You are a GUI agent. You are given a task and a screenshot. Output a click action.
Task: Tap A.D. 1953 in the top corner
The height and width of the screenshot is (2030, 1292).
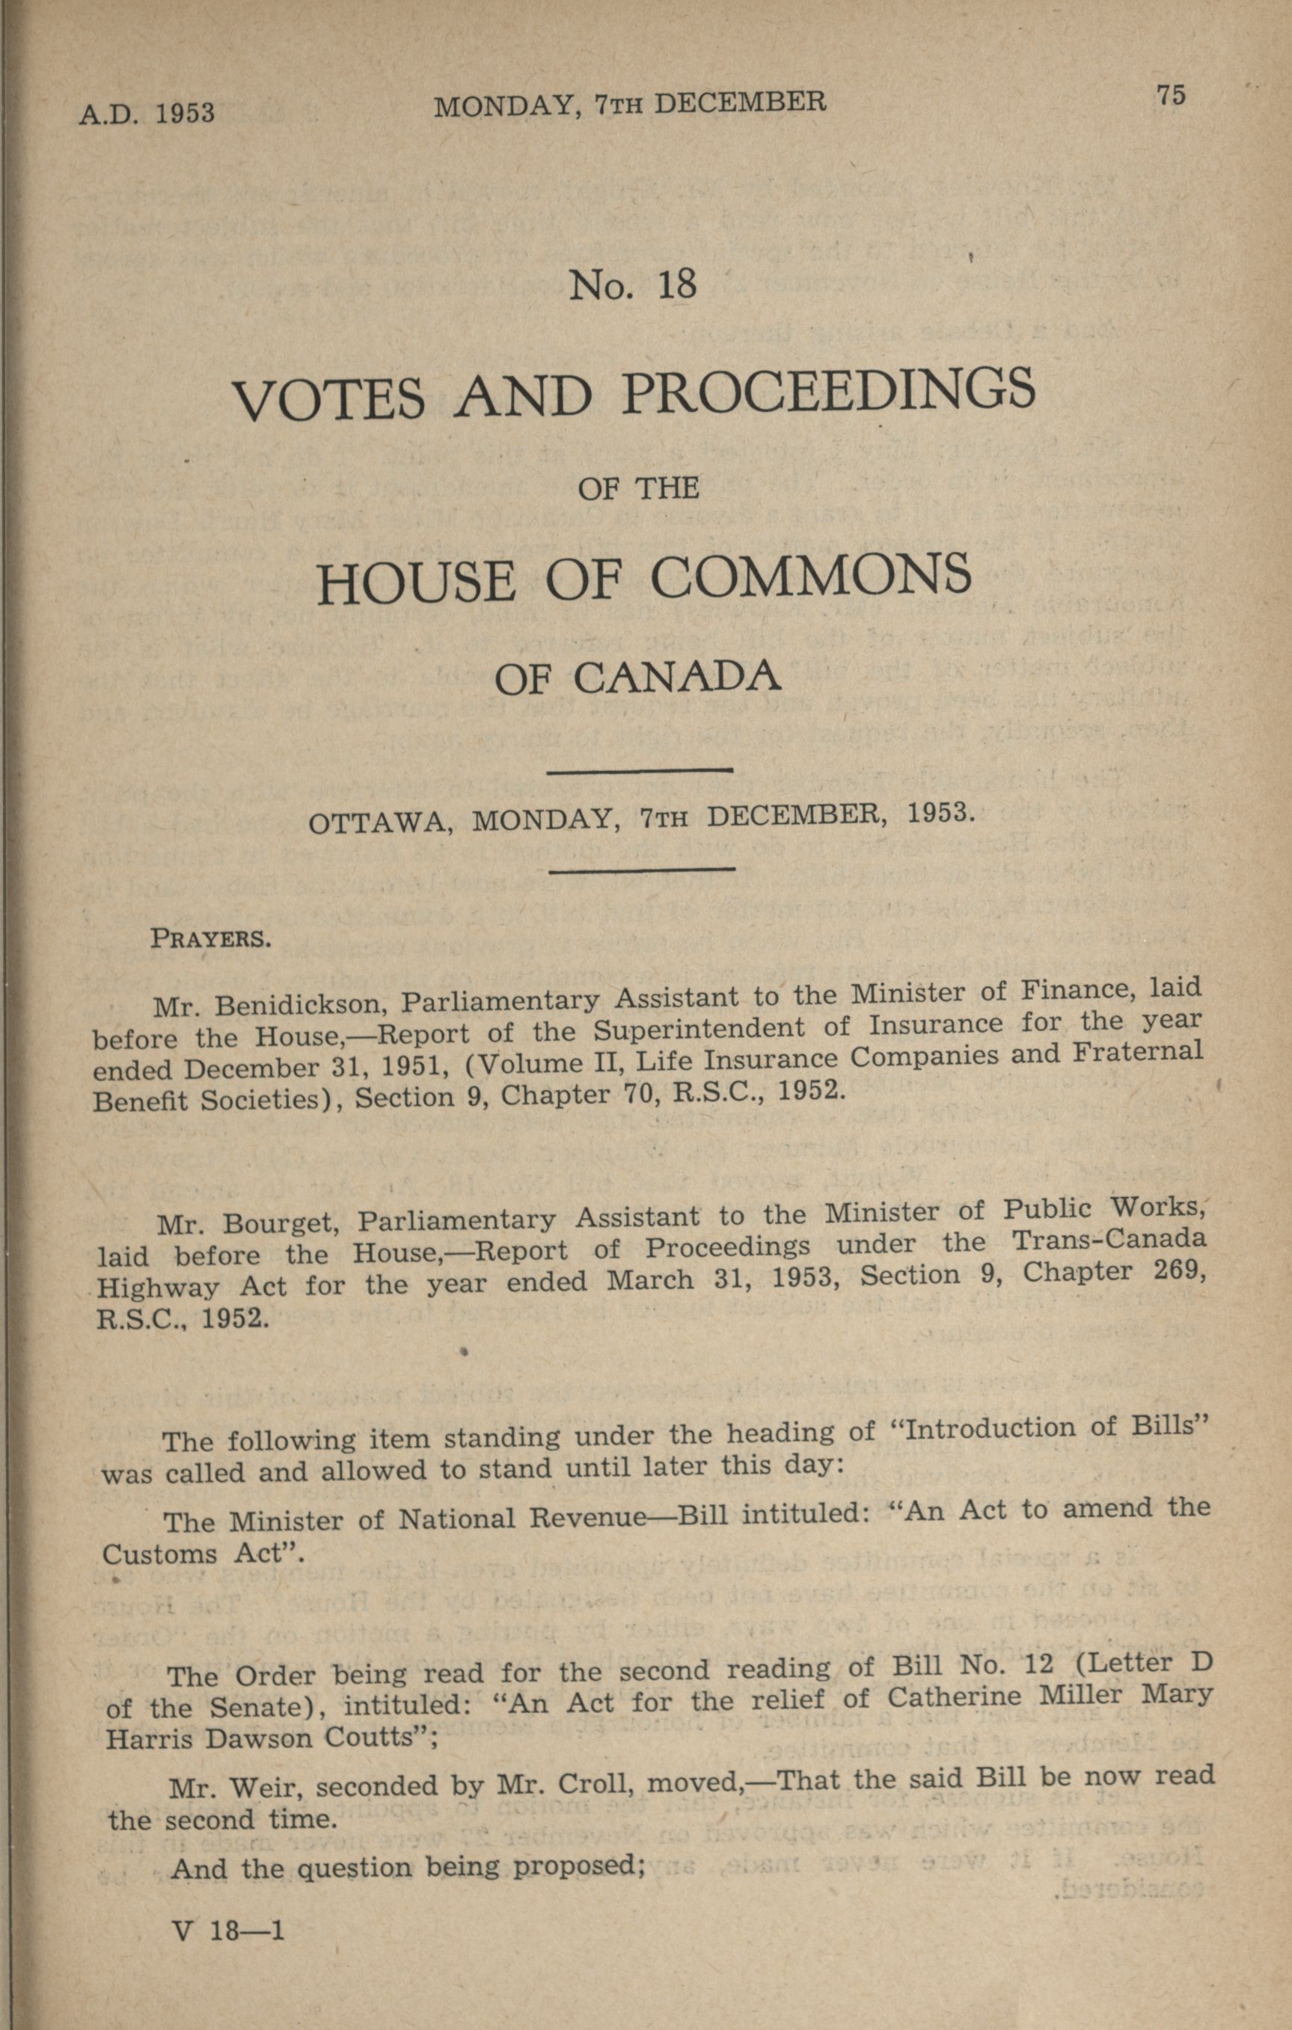pyautogui.click(x=147, y=113)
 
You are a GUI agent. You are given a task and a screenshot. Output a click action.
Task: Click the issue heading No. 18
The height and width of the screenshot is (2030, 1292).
pyautogui.click(x=632, y=285)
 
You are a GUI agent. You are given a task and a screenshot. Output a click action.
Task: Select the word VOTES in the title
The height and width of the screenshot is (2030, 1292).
pyautogui.click(x=328, y=399)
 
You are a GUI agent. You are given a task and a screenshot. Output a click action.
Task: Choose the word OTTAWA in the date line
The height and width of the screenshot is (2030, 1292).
pyautogui.click(x=377, y=821)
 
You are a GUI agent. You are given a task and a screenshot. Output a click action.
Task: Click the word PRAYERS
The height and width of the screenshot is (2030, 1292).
pyautogui.click(x=210, y=939)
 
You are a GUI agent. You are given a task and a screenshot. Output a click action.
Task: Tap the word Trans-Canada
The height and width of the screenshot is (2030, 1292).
pyautogui.click(x=1108, y=1241)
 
